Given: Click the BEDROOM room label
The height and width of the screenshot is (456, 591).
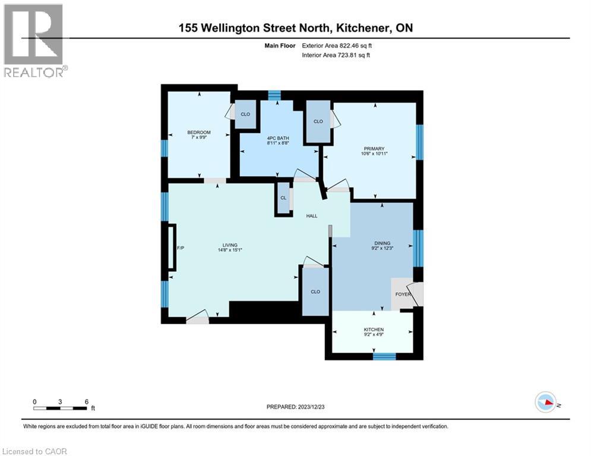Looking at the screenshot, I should tap(199, 132).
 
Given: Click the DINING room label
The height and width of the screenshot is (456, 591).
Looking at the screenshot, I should tap(382, 243).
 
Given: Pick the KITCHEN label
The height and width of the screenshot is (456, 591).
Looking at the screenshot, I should tap(374, 330).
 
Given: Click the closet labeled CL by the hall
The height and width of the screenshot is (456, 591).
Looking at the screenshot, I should tap(283, 198).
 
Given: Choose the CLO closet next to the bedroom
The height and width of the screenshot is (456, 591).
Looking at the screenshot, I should tap(245, 114).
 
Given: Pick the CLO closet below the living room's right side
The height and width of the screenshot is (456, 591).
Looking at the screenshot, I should tap(315, 292).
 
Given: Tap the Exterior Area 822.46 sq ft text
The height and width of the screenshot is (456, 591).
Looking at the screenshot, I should tap(337, 45).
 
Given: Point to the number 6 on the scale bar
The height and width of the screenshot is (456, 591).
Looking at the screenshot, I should tap(87, 401).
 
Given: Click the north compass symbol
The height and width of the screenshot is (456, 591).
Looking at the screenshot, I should tap(545, 403).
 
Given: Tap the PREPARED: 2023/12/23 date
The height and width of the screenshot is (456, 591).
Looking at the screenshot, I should tap(295, 407).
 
